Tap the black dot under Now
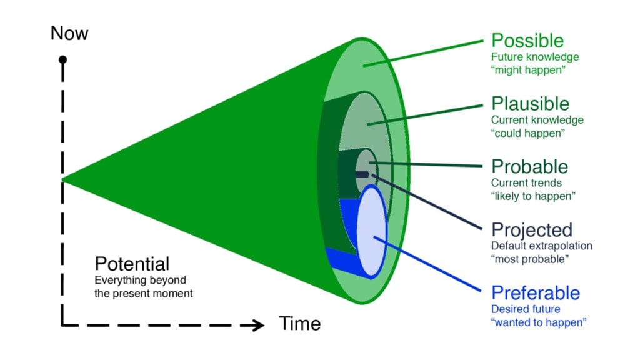(62, 60)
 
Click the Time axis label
(299, 324)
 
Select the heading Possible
(527, 41)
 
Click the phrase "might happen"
(528, 70)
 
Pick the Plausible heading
(531, 103)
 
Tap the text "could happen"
(528, 132)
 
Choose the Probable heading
(529, 166)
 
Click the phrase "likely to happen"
(533, 196)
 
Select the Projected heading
(532, 229)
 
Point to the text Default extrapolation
(541, 246)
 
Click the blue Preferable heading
(536, 292)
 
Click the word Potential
(132, 263)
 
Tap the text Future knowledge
(535, 57)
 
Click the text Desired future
(526, 309)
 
